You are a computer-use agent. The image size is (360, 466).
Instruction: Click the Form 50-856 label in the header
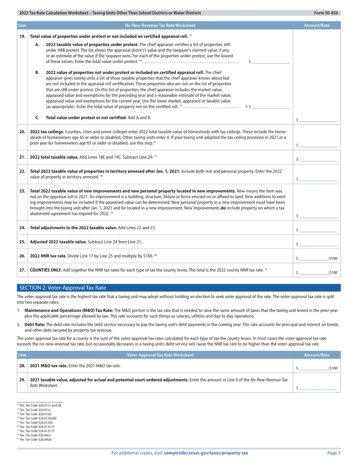326,13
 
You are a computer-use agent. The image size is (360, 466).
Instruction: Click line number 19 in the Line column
22,36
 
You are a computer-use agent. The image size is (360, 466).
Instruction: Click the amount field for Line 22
318,178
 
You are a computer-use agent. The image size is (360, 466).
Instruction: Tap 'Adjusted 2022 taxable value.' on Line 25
58,242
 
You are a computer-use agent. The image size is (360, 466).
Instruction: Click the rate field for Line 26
314,258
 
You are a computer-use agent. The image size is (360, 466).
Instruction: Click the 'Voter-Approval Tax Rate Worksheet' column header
160,355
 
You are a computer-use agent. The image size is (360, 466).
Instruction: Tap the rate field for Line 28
314,367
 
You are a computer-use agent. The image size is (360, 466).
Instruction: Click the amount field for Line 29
318,388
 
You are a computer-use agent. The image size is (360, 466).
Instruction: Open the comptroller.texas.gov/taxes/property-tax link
206,453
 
